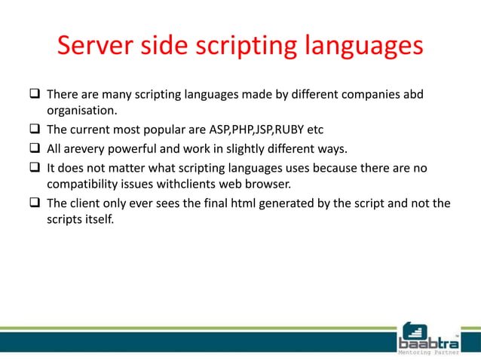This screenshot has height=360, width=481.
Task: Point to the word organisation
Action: click(x=79, y=111)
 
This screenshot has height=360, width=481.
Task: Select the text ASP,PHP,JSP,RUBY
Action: click(x=251, y=129)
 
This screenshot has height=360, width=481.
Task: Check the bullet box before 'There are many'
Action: click(x=35, y=96)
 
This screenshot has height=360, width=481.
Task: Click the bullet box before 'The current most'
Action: click(x=35, y=129)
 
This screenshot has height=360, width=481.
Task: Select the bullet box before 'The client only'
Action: click(x=35, y=203)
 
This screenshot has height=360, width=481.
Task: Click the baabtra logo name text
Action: click(x=427, y=341)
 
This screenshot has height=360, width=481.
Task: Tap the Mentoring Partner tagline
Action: click(x=428, y=352)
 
